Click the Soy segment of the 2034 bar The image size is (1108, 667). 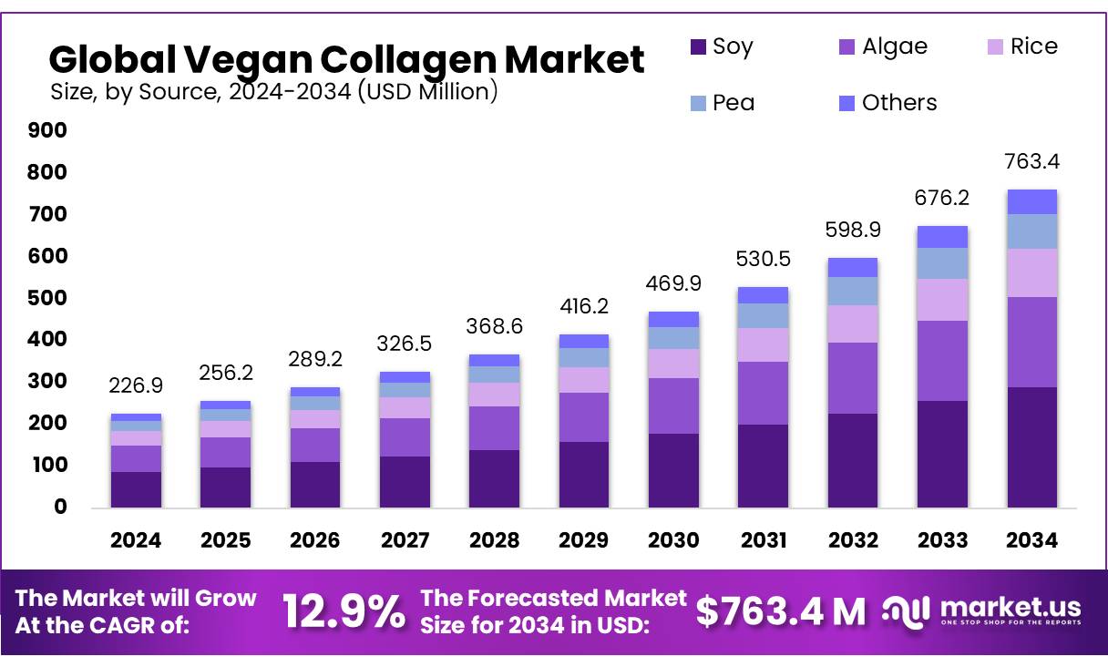click(1031, 446)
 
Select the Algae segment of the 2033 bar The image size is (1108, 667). click(942, 361)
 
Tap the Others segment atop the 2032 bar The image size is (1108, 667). click(853, 267)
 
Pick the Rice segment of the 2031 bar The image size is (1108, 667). click(764, 344)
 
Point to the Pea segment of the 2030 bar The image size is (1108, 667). click(674, 338)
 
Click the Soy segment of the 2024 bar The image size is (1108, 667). click(136, 489)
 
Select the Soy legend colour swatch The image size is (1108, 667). click(699, 46)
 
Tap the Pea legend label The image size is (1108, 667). click(734, 103)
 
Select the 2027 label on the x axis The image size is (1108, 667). click(405, 540)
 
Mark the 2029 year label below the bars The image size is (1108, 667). click(584, 540)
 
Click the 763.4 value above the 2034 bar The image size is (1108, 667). click(1031, 162)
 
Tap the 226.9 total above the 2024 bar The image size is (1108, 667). click(136, 386)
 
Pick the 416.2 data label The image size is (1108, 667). click(584, 307)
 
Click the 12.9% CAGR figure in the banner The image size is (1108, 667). click(344, 611)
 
